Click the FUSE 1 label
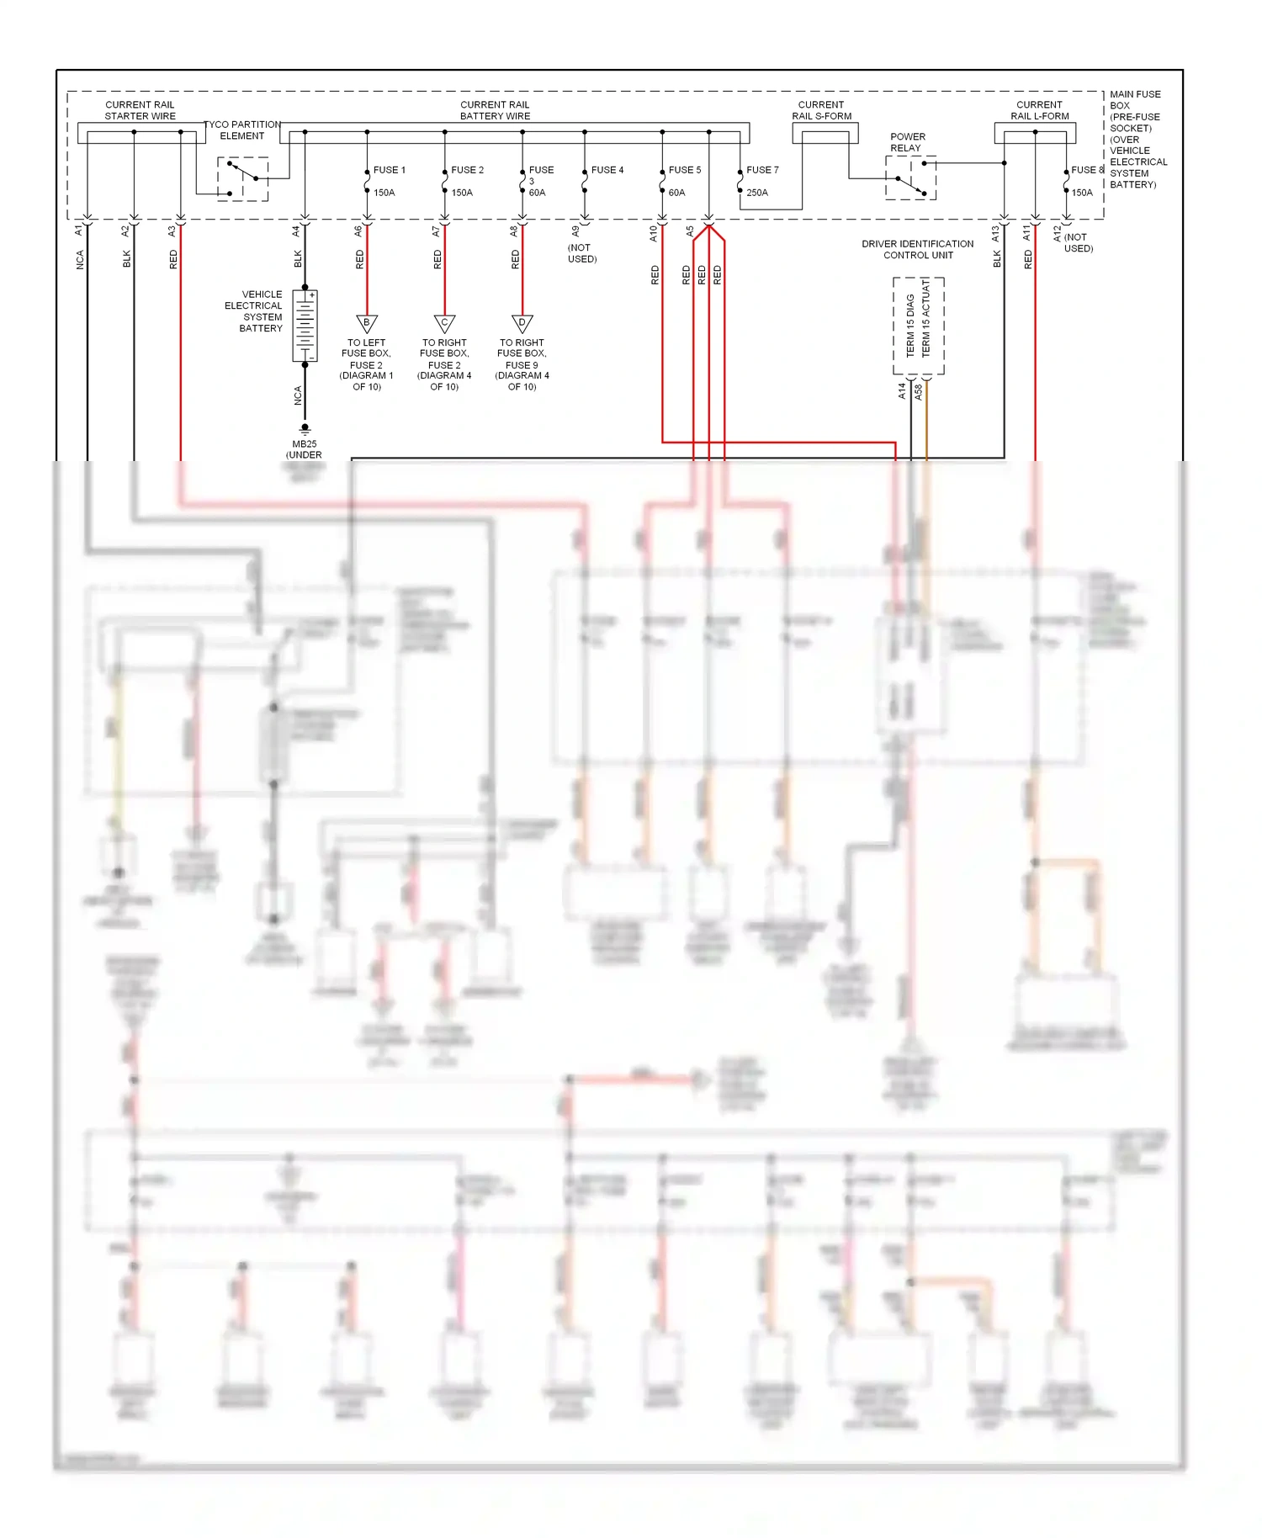coord(389,170)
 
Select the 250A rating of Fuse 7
coord(757,193)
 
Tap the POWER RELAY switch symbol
coord(911,179)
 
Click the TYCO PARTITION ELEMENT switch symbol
coord(243,178)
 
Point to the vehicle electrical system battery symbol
coord(305,326)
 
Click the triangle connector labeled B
coord(367,323)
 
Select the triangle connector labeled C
coord(444,323)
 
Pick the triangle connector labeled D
coord(522,323)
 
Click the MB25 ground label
coord(304,444)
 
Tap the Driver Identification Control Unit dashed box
coord(918,326)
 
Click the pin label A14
coord(902,390)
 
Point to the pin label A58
coord(919,391)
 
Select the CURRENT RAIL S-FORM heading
coord(821,110)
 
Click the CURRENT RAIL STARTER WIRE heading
coord(140,110)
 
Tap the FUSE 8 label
coord(1086,170)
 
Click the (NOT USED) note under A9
coord(581,253)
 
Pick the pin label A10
coord(653,233)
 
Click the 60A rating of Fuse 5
coord(676,193)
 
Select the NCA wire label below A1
coord(80,260)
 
